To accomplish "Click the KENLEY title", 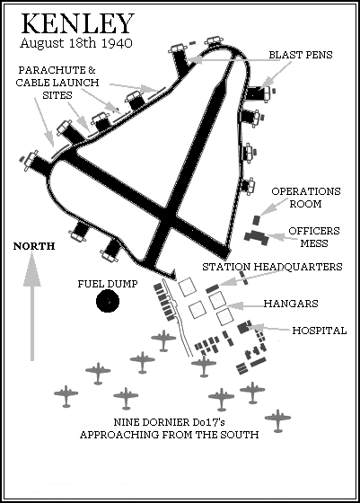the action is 77,23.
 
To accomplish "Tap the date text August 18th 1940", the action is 76,43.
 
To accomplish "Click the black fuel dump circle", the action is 108,301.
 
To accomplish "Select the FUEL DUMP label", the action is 108,284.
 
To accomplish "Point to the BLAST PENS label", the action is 301,55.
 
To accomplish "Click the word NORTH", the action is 34,246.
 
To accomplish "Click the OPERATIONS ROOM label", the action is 306,198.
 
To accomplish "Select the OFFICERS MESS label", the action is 314,237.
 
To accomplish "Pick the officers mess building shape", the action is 257,237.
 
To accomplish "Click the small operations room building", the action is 257,220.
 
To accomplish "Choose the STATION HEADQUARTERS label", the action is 272,267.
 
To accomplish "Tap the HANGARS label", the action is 291,304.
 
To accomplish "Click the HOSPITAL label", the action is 320,331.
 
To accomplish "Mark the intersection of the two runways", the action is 167,219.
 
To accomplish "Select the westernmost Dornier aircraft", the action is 66,396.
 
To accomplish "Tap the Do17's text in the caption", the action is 206,422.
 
